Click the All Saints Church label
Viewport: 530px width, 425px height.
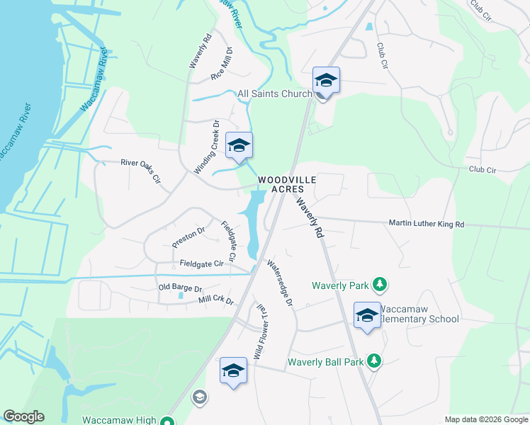pos(275,93)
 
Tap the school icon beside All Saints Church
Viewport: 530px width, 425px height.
pos(326,80)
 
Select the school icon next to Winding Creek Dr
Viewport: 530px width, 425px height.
pos(239,146)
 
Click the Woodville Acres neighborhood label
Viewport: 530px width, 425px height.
pos(281,184)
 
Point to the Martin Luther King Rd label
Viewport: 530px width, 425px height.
pos(426,224)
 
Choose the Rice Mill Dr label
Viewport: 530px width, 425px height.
pos(222,64)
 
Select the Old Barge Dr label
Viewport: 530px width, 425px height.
pos(180,288)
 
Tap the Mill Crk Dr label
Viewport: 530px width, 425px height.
pos(216,300)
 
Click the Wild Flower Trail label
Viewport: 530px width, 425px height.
pos(261,330)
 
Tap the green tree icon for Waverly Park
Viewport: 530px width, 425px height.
pos(380,285)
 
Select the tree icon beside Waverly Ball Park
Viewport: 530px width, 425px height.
pos(374,361)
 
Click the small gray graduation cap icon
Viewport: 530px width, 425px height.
pos(199,397)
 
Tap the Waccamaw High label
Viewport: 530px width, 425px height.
pos(119,419)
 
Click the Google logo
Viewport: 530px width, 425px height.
pos(23,416)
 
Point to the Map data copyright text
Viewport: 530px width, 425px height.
pos(485,419)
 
